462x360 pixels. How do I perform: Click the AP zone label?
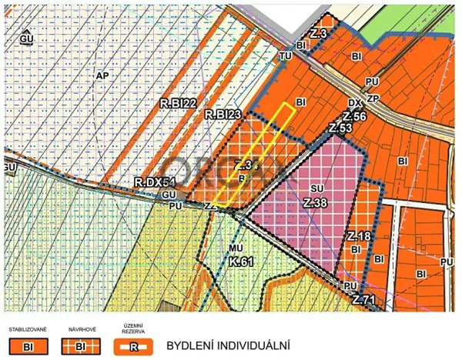point(102,75)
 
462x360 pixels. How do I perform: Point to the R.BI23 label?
point(223,115)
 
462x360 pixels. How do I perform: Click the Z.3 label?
point(319,34)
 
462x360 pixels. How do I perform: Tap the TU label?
point(286,56)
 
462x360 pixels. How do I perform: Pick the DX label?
point(355,103)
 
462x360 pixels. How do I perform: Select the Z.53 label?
point(340,128)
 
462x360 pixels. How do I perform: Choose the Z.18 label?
point(360,236)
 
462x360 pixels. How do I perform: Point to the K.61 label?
point(241,262)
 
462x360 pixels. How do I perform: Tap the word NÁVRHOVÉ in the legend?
point(82,329)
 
